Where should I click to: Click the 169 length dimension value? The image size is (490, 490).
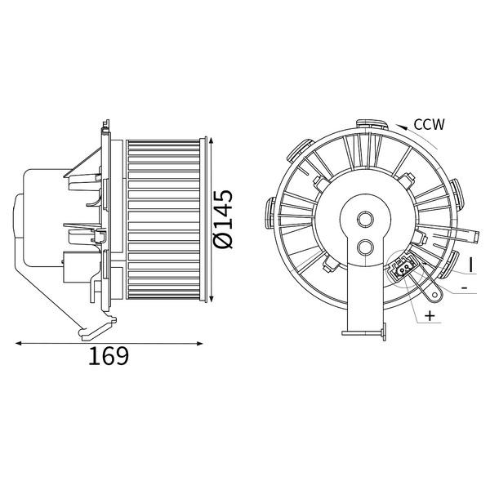109,356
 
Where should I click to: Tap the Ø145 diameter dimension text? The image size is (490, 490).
224,219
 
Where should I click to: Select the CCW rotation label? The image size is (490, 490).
429,124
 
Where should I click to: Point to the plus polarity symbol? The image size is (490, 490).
430,315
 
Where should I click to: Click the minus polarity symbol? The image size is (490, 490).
465,287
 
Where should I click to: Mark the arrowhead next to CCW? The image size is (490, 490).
402,127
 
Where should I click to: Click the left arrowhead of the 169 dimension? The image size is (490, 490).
19,344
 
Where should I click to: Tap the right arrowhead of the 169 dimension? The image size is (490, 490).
200,344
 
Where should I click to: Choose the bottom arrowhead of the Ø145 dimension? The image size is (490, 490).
212,299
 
